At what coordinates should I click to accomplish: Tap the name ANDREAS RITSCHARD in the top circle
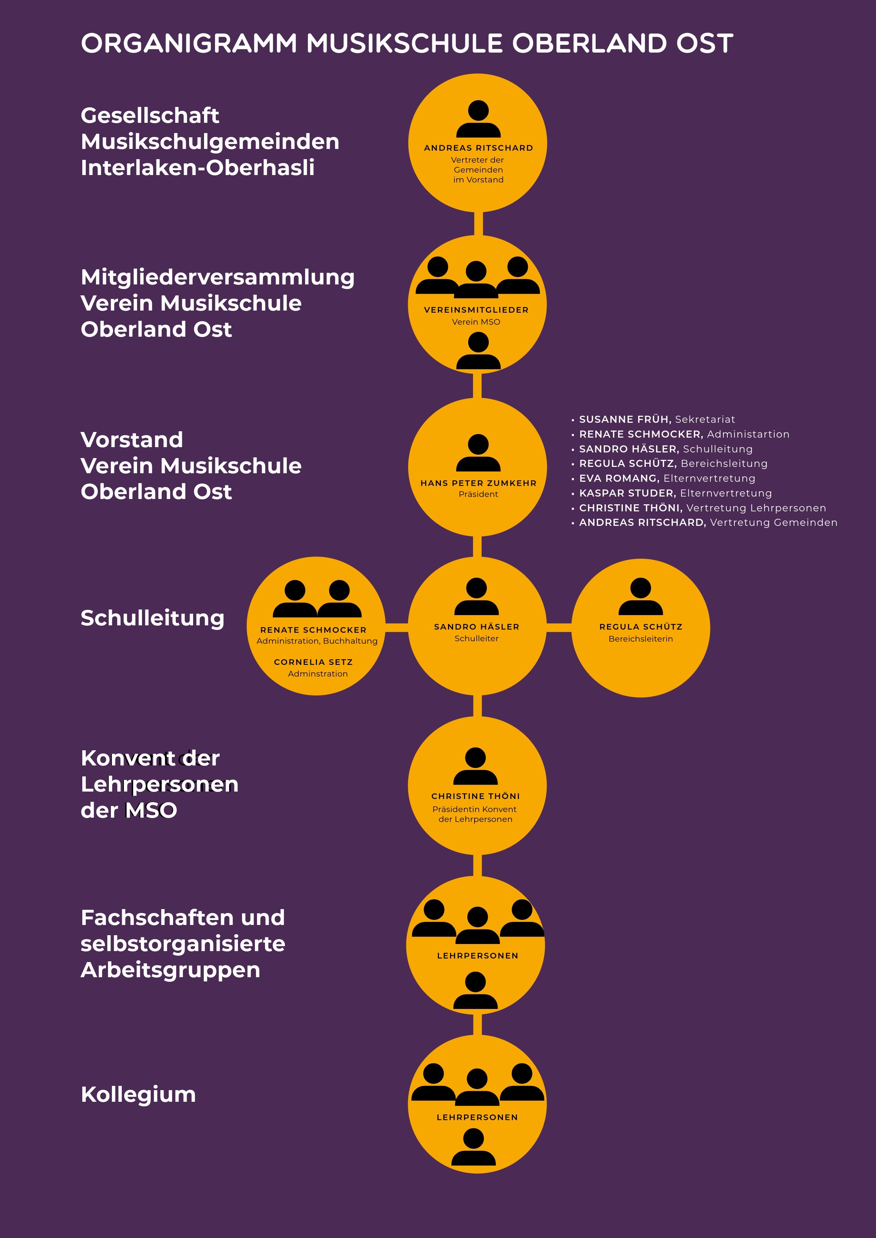pyautogui.click(x=478, y=148)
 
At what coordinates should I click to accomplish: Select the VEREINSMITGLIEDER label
pyautogui.click(x=476, y=310)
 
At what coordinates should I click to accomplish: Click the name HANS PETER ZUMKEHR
pyautogui.click(x=478, y=483)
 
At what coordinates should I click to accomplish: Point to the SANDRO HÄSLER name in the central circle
pyautogui.click(x=477, y=626)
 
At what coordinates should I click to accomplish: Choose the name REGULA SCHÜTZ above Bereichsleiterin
pyautogui.click(x=641, y=626)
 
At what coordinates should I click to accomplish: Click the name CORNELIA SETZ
pyautogui.click(x=314, y=662)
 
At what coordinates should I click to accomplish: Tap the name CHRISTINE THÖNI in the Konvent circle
pyautogui.click(x=476, y=796)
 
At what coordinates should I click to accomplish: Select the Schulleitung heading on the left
pyautogui.click(x=152, y=618)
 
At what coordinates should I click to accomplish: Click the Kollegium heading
pyautogui.click(x=138, y=1095)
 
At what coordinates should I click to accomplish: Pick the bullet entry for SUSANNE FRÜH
pyautogui.click(x=653, y=419)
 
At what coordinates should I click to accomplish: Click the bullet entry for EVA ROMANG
pyautogui.click(x=663, y=478)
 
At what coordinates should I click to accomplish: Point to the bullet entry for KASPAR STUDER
pyautogui.click(x=672, y=493)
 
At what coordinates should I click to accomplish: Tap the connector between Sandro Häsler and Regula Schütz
pyautogui.click(x=559, y=627)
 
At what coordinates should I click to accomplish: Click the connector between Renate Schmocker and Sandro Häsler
pyautogui.click(x=397, y=627)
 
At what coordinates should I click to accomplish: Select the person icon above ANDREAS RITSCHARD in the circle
pyautogui.click(x=478, y=119)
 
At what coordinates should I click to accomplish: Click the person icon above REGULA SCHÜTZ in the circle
pyautogui.click(x=641, y=596)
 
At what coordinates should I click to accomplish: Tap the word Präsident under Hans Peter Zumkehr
pyautogui.click(x=478, y=494)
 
